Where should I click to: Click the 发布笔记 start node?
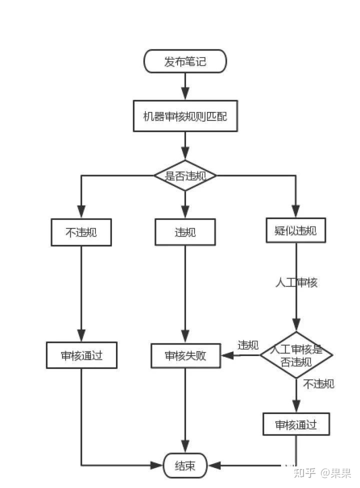185,61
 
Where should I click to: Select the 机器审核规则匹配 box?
185,116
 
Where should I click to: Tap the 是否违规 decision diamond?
185,175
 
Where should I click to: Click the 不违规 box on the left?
81,232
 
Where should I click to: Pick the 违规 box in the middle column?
185,232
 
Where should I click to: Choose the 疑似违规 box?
295,230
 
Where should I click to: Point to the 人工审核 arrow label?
296,282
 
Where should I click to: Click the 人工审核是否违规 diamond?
296,355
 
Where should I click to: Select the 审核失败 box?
185,355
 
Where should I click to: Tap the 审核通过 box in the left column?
81,355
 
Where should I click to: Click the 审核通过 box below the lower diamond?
296,425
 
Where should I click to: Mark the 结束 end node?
185,466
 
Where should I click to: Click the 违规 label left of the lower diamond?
248,345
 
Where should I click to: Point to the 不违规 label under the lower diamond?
318,384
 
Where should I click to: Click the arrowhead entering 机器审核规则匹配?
185,93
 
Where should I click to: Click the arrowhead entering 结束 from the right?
214,466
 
